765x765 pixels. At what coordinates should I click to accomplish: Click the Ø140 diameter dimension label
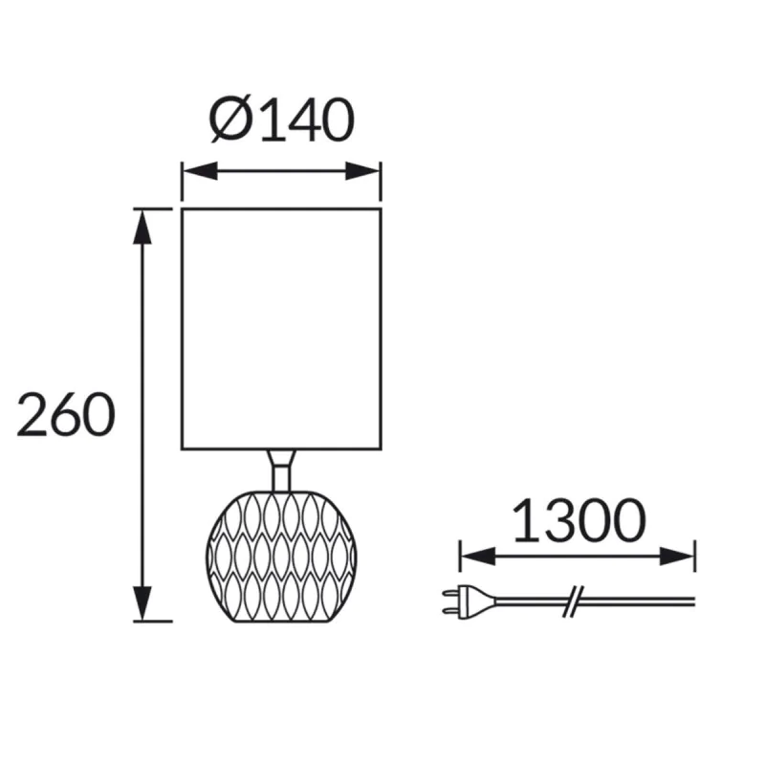[x=281, y=119]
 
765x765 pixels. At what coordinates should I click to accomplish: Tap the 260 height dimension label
[x=66, y=414]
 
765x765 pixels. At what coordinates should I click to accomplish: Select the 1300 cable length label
[x=579, y=520]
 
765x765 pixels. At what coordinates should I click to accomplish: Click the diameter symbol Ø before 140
[x=230, y=119]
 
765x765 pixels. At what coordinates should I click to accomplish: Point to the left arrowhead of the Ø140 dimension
[x=200, y=171]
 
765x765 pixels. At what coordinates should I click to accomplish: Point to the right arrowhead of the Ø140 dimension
[x=363, y=171]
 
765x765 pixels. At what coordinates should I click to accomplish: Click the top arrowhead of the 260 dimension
[x=142, y=227]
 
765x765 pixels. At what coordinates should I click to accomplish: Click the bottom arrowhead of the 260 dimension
[x=142, y=603]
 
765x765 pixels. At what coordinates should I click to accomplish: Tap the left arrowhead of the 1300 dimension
[x=478, y=557]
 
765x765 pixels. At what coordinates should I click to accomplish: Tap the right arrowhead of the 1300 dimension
[x=677, y=557]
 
